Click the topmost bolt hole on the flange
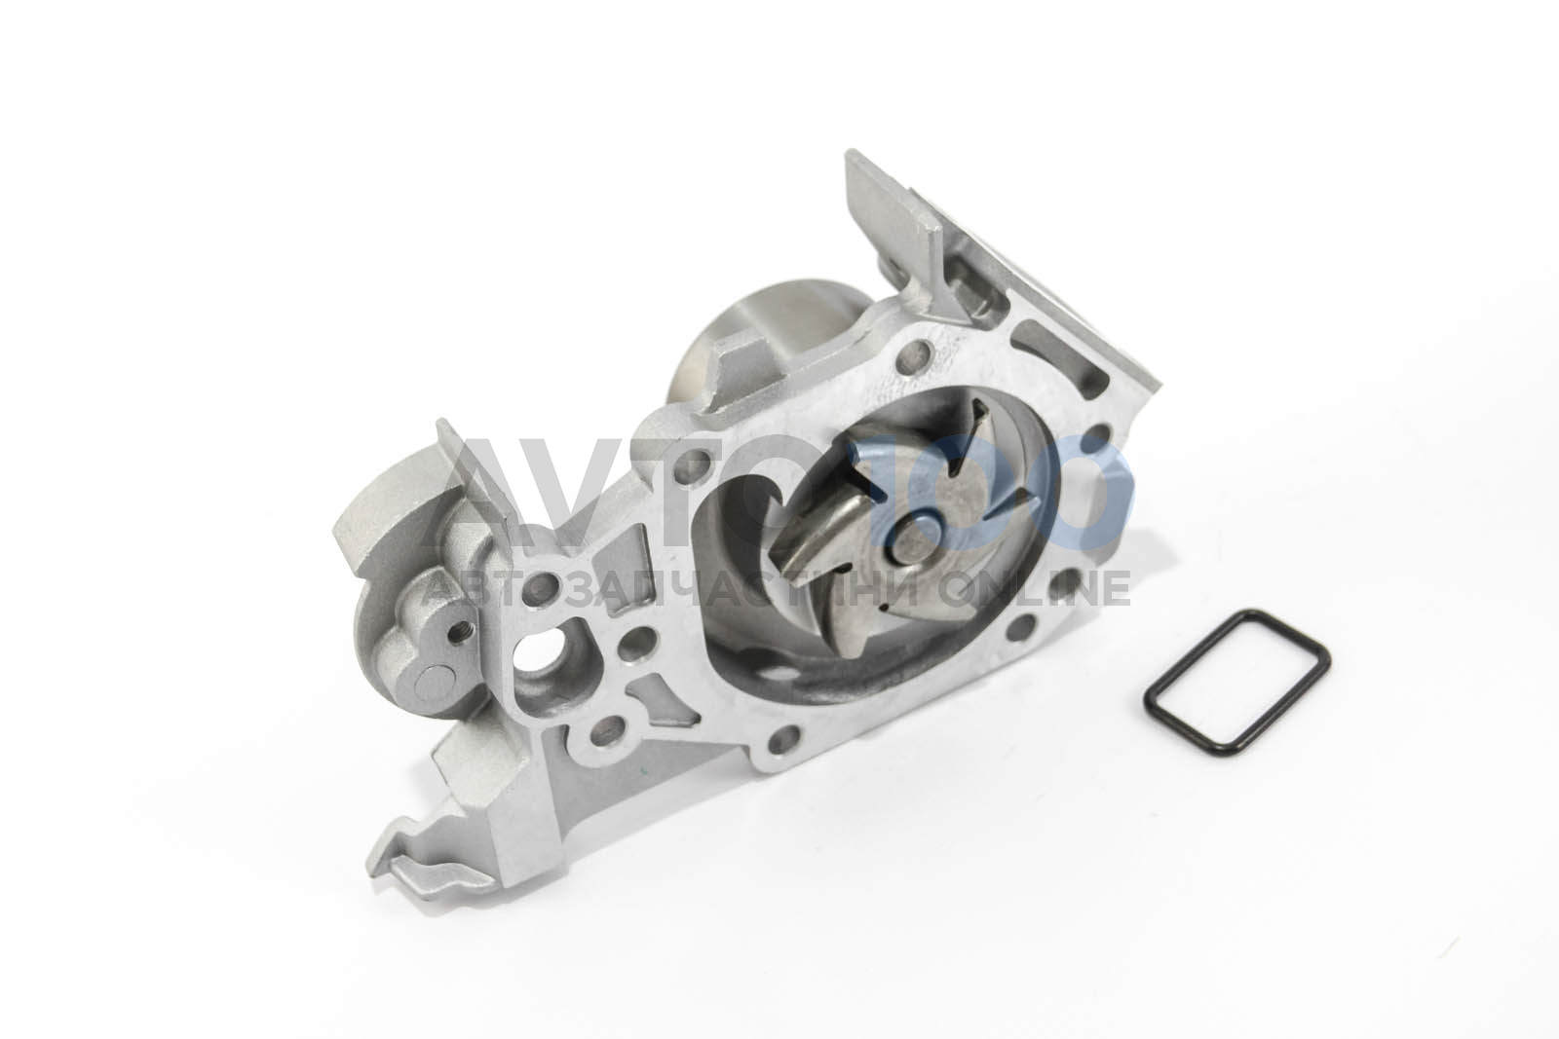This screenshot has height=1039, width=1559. (913, 356)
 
